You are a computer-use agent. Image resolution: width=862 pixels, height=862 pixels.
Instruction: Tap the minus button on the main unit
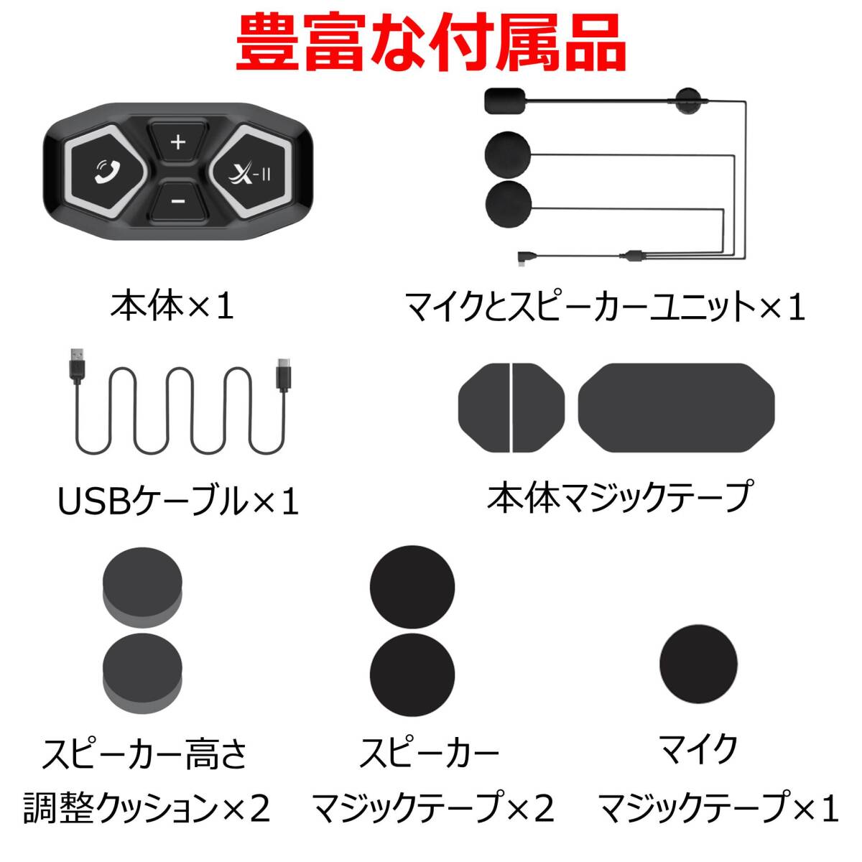pyautogui.click(x=178, y=201)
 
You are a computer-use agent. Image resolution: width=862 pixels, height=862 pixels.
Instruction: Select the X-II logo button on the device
pyautogui.click(x=250, y=172)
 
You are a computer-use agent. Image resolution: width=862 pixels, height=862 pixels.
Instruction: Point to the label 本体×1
pyautogui.click(x=172, y=307)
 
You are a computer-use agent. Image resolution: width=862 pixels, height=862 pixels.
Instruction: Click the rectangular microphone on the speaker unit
pyautogui.click(x=504, y=100)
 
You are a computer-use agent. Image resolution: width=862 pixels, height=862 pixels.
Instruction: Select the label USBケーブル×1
pyautogui.click(x=178, y=502)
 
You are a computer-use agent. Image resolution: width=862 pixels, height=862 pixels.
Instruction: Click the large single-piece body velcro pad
pyautogui.click(x=676, y=408)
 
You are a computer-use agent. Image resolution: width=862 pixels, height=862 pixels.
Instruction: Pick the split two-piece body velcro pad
pyautogui.click(x=511, y=408)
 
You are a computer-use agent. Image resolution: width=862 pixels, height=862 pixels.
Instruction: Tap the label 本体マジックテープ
pyautogui.click(x=618, y=496)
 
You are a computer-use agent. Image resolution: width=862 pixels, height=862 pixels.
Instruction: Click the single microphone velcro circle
pyautogui.click(x=698, y=664)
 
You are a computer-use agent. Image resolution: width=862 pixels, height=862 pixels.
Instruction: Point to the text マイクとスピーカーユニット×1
pyautogui.click(x=605, y=307)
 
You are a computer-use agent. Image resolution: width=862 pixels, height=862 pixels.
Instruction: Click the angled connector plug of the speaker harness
pyautogui.click(x=523, y=259)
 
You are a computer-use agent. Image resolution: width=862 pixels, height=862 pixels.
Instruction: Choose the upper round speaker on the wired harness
pyautogui.click(x=507, y=154)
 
